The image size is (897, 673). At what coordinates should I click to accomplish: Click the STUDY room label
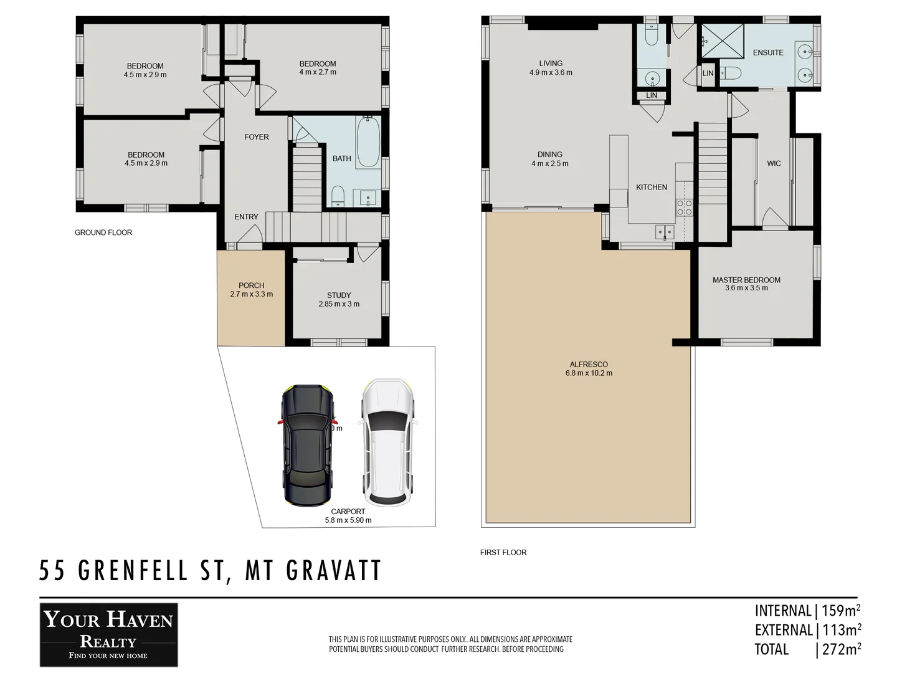tap(339, 295)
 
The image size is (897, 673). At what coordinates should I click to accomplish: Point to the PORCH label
tap(251, 285)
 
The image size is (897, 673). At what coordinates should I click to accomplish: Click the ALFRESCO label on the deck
tap(588, 365)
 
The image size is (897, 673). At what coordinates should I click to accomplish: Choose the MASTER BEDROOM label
tap(746, 280)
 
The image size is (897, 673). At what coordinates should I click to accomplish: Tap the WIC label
tap(774, 163)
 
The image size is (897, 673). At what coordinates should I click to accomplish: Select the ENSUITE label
tap(768, 52)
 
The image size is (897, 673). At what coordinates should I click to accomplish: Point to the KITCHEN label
tap(652, 187)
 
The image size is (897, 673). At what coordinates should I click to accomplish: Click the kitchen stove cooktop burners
tap(685, 208)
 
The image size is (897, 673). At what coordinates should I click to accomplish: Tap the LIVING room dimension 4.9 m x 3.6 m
tap(551, 72)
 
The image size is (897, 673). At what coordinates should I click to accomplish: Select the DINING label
tap(550, 155)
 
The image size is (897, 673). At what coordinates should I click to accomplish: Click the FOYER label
tap(256, 137)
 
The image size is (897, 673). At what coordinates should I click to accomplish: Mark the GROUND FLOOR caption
tap(103, 232)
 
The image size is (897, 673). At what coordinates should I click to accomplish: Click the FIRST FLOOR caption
tap(503, 552)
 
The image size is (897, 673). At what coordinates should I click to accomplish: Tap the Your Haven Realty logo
tap(109, 634)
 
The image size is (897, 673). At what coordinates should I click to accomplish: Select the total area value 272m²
tap(841, 649)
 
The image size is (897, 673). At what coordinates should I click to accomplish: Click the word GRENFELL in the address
tap(133, 571)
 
